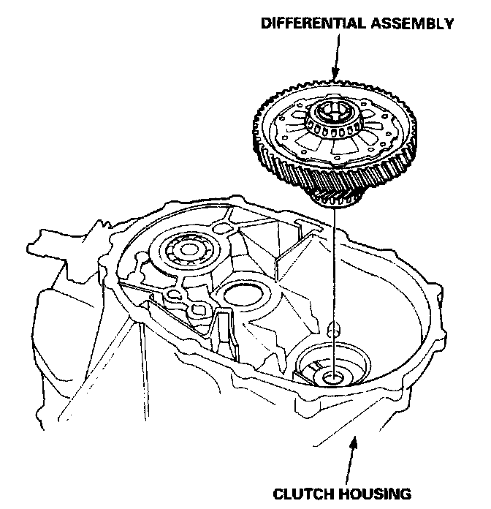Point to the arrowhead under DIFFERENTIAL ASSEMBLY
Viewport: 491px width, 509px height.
pos(335,72)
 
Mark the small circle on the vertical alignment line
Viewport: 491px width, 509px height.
pos(333,329)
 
